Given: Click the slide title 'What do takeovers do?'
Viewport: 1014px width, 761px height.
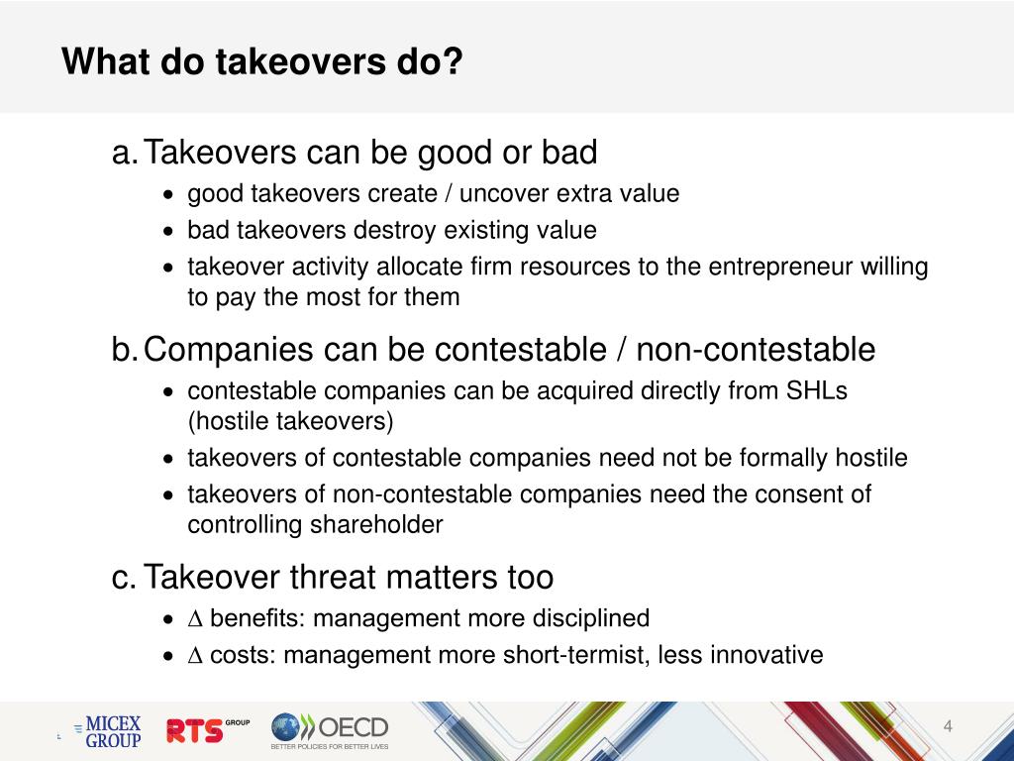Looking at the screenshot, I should [x=262, y=61].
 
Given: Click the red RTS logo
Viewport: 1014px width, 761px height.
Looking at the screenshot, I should [x=196, y=731].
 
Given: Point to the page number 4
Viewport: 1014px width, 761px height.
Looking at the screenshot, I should [x=948, y=728].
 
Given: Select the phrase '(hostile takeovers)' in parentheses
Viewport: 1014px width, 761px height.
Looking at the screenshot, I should [x=290, y=421].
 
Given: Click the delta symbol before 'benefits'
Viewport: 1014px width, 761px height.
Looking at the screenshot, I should [x=195, y=619].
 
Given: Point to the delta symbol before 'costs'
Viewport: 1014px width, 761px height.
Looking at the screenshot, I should [x=195, y=655].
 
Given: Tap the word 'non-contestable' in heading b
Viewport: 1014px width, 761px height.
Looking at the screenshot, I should [x=756, y=350].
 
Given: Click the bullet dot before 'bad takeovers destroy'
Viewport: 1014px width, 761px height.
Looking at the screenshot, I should [x=171, y=232].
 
